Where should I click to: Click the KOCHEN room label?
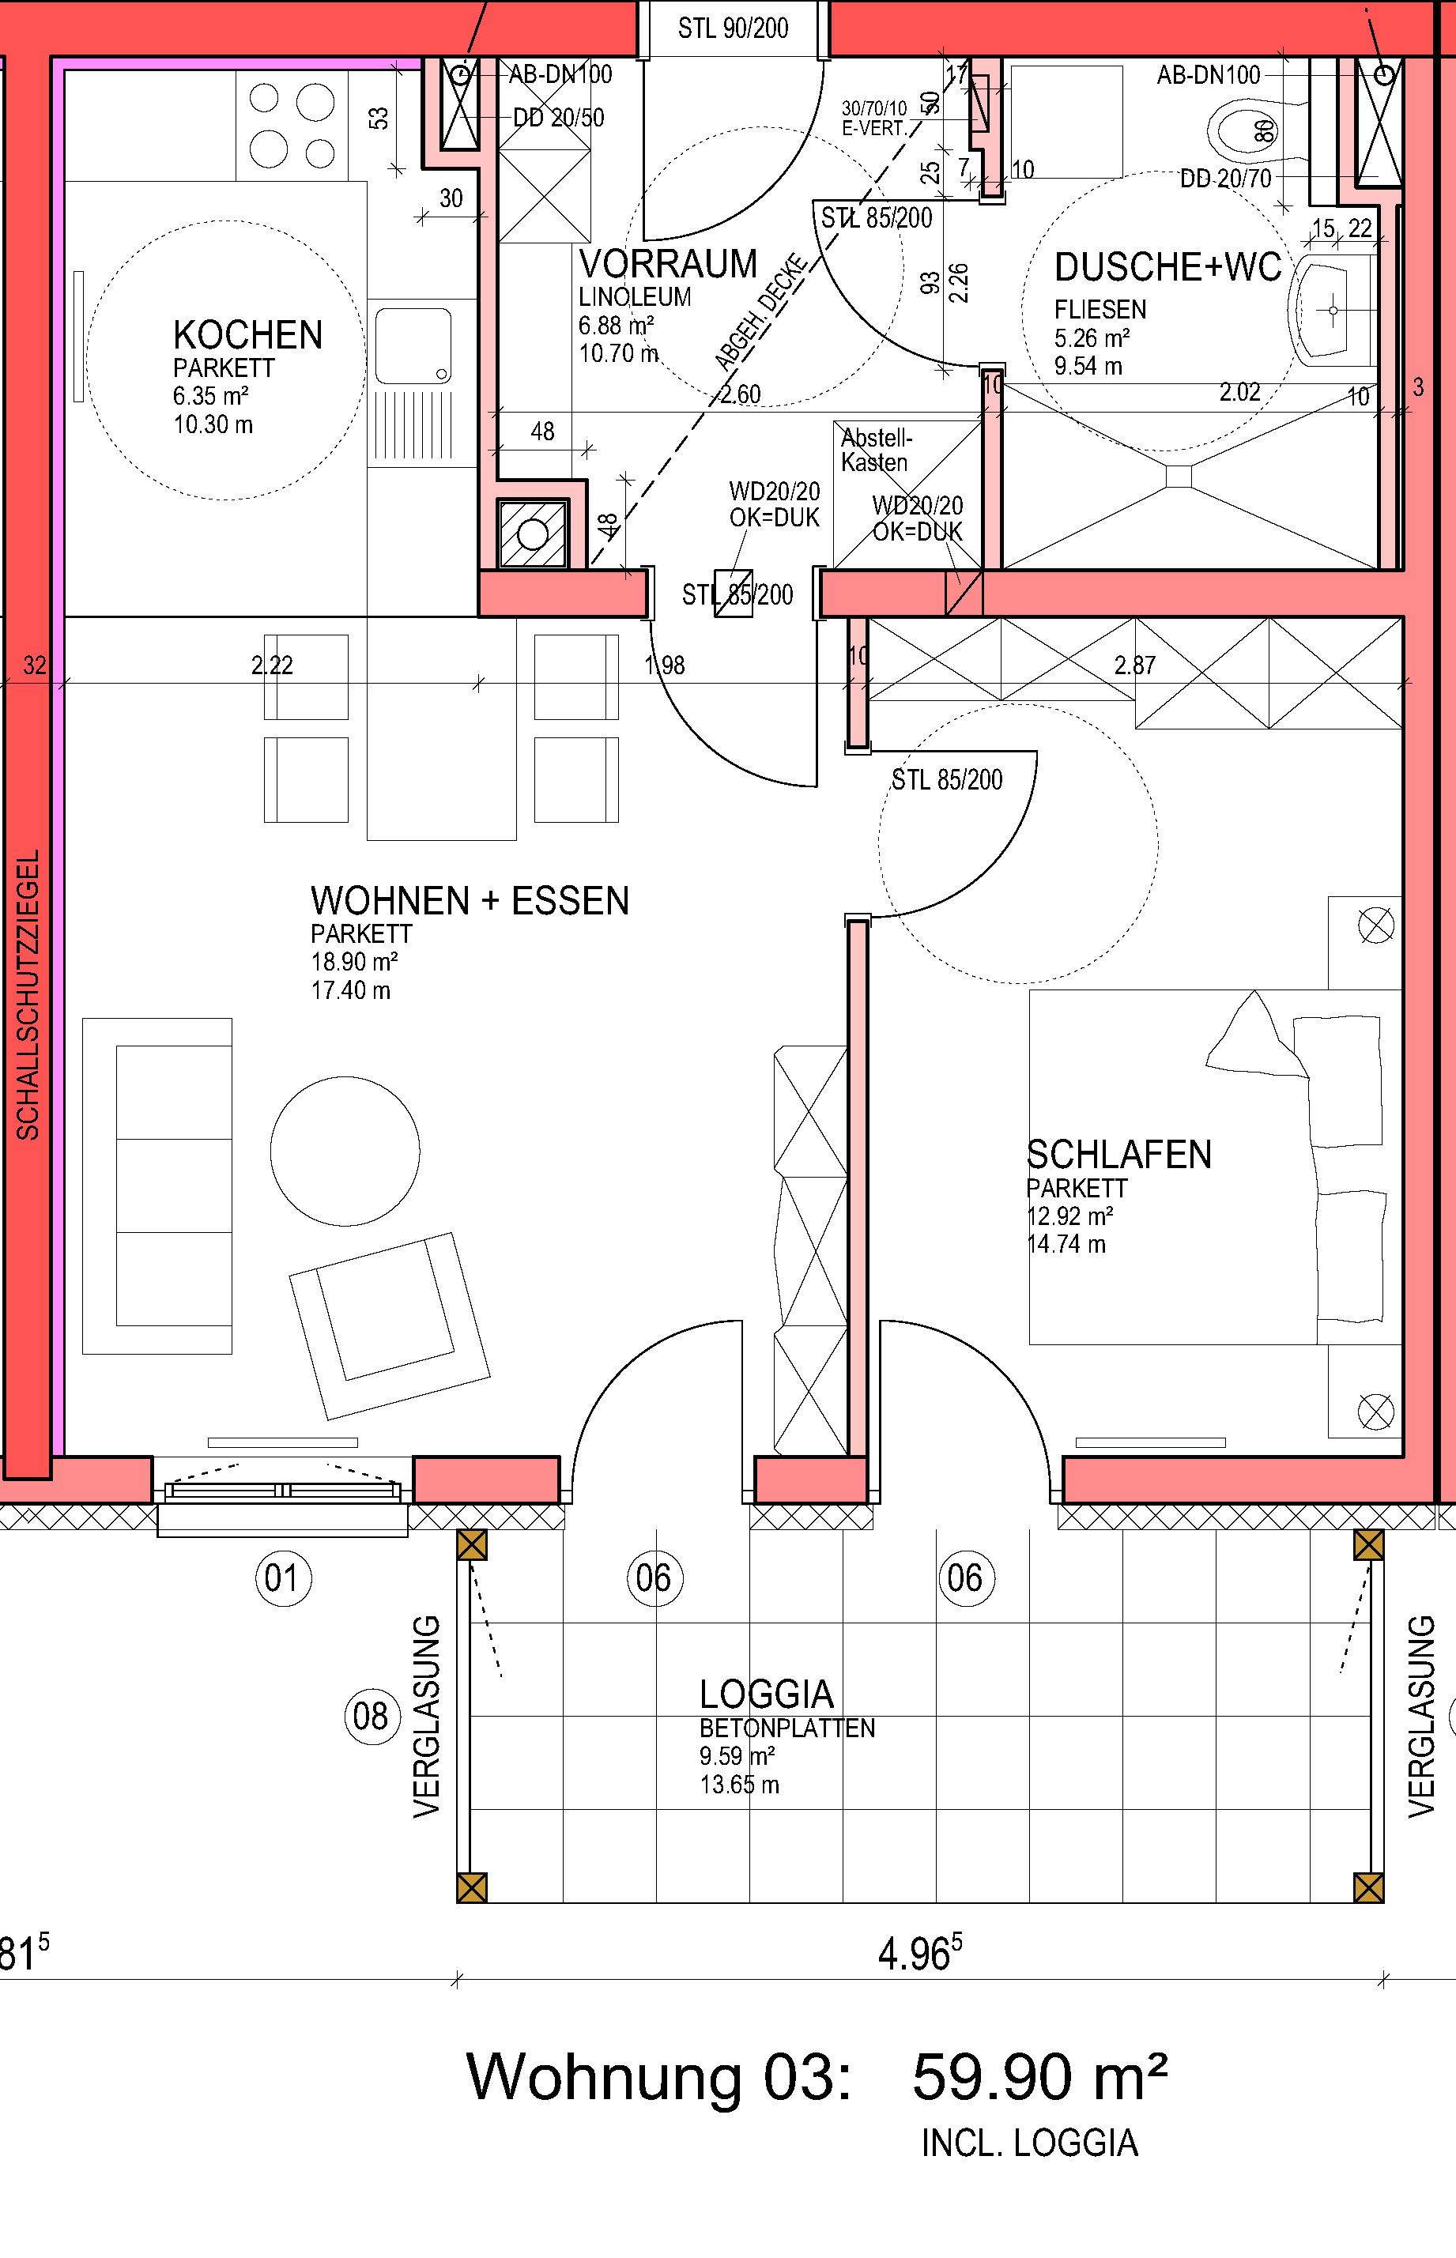247,336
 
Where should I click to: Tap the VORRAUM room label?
667,264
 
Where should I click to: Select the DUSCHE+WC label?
1167,267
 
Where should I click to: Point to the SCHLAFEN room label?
1119,1155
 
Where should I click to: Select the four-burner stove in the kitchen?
292,124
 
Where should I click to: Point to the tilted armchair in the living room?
390,1325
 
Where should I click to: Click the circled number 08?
371,1716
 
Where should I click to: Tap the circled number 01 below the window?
281,1577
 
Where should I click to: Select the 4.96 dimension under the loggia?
920,1955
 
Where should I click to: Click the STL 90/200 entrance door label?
733,28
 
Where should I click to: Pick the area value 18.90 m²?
353,962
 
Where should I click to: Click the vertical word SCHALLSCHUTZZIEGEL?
28,994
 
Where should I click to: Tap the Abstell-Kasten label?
877,450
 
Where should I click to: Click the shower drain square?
1180,476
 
